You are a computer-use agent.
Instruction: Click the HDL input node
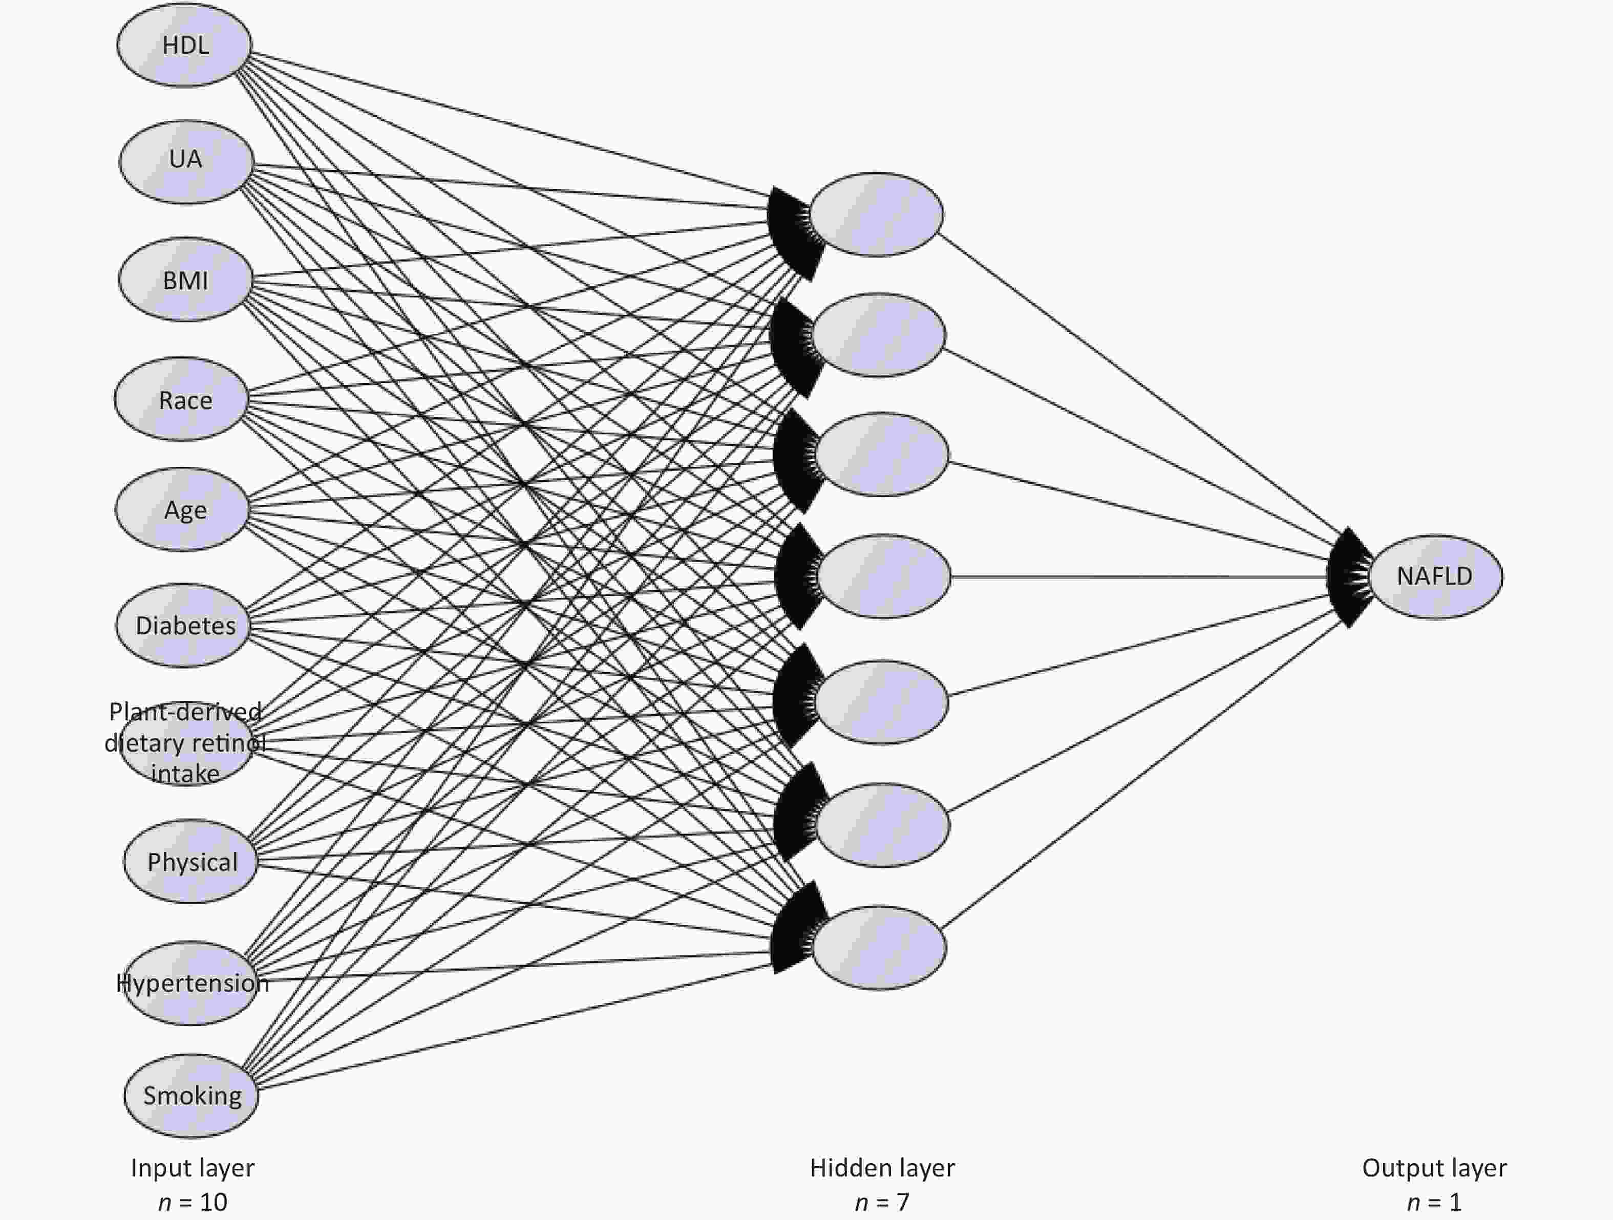(x=184, y=45)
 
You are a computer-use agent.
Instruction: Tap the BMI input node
(x=186, y=280)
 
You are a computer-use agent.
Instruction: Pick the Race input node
(x=182, y=399)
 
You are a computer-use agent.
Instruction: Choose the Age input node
(x=182, y=509)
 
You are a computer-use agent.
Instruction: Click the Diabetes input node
(x=183, y=625)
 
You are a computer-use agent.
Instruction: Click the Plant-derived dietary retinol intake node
(x=186, y=743)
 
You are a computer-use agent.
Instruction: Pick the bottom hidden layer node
(x=879, y=948)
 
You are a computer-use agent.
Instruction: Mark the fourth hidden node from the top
(x=884, y=576)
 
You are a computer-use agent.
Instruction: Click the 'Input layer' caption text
(x=193, y=1167)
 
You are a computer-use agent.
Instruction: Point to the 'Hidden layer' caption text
(x=882, y=1167)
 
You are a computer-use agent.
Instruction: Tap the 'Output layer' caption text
(x=1434, y=1167)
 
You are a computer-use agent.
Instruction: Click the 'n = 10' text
(x=193, y=1202)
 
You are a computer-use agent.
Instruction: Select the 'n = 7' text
(x=882, y=1202)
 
